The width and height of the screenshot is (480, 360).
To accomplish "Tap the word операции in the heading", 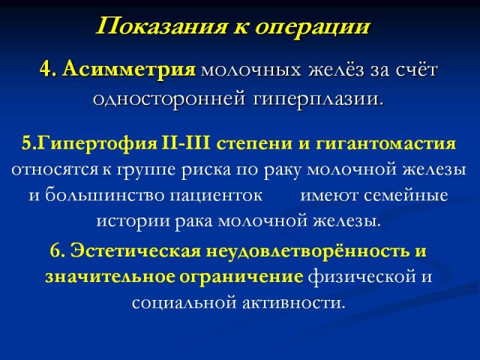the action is click(x=312, y=27).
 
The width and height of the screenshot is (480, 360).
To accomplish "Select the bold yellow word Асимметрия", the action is click(x=130, y=70).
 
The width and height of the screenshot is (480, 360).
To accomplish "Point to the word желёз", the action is click(x=336, y=70).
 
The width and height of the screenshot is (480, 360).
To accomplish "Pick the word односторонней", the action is click(x=169, y=98).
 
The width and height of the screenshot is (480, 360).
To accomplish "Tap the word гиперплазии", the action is click(x=318, y=100).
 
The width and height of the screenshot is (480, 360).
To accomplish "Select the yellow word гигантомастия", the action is click(x=385, y=144).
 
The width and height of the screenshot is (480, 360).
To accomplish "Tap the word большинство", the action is click(x=104, y=195).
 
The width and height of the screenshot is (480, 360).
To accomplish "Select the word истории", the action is click(x=133, y=222).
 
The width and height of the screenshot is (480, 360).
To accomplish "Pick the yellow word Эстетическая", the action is click(x=136, y=251).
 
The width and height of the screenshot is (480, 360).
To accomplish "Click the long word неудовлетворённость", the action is click(x=307, y=251).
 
